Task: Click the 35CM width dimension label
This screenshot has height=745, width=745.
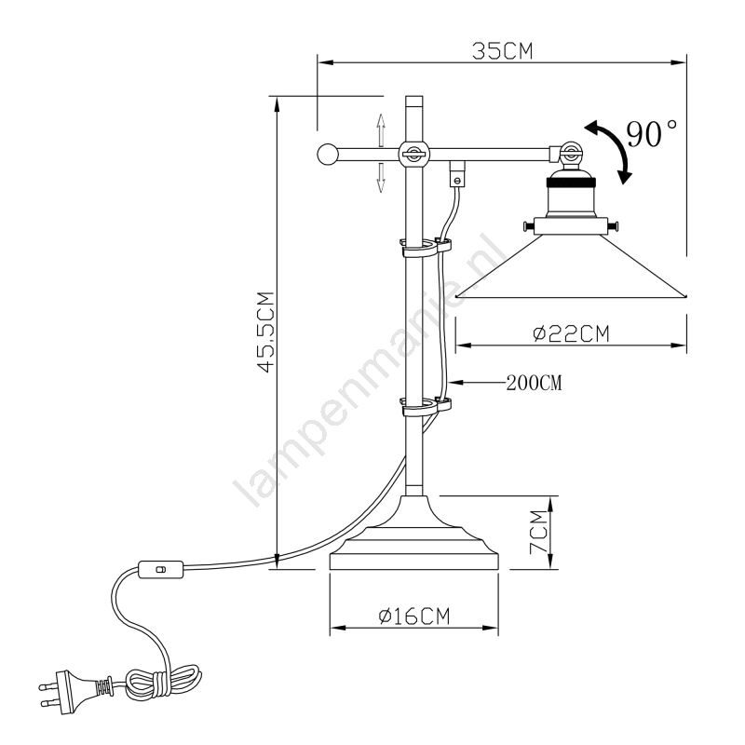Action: click(502, 51)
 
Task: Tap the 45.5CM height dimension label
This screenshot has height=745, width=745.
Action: click(266, 332)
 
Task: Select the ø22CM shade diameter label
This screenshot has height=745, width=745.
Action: click(571, 334)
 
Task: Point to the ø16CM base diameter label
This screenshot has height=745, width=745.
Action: click(413, 616)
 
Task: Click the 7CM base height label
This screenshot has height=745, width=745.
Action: click(539, 532)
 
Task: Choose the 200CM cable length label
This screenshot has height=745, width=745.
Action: click(534, 383)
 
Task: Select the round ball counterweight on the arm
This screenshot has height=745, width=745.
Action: click(328, 155)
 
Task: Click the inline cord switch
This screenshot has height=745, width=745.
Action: click(160, 570)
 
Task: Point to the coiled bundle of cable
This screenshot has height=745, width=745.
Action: click(162, 683)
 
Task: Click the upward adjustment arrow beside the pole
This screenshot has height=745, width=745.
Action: click(381, 130)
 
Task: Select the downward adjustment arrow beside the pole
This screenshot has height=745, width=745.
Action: click(381, 177)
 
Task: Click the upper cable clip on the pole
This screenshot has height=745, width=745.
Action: click(426, 247)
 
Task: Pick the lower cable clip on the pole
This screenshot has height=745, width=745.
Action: click(426, 407)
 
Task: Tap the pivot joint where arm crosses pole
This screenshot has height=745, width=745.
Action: click(413, 154)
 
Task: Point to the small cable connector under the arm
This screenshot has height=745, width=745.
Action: click(457, 174)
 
